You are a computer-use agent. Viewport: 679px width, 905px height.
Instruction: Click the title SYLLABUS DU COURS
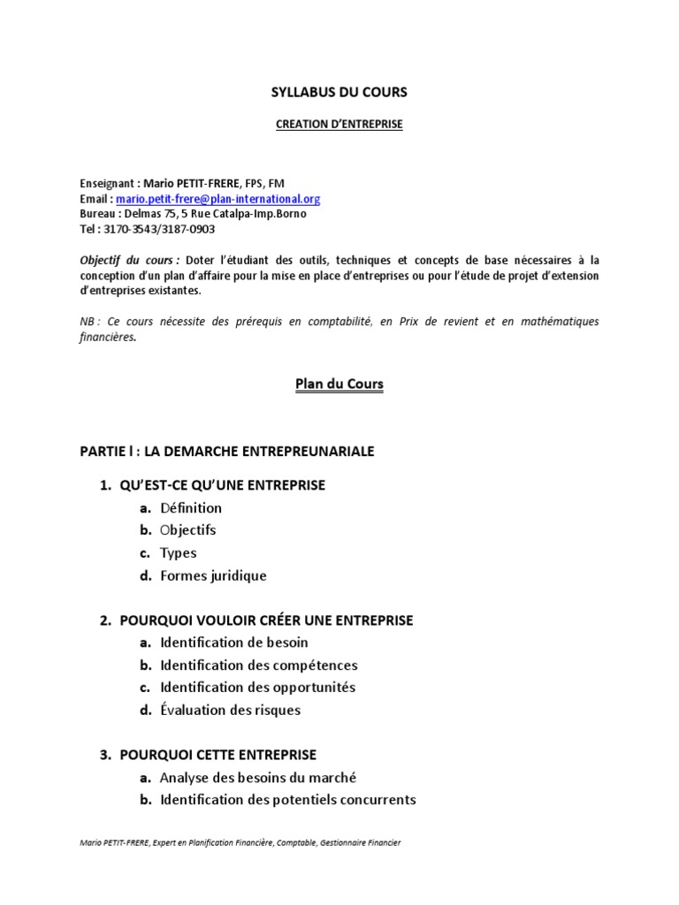339,92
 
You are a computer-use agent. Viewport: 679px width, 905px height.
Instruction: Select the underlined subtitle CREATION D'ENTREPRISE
339,125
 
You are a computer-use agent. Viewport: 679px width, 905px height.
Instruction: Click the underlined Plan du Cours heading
339,384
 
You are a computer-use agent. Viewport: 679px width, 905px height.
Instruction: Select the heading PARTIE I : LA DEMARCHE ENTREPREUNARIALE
227,452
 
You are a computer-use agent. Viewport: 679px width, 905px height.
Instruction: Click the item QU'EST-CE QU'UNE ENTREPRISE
223,485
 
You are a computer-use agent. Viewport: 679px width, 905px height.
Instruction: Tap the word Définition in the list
191,508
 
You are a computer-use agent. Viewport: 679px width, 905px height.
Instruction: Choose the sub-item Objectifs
187,530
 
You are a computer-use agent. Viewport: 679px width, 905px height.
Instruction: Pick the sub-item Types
178,553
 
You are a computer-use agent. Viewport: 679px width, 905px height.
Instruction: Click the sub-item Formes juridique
213,576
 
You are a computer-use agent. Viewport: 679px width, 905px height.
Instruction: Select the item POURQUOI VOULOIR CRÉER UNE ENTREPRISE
266,620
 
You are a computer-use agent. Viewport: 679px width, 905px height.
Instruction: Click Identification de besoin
234,643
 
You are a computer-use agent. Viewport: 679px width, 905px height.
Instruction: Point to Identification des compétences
258,665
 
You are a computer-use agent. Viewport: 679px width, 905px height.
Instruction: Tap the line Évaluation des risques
230,710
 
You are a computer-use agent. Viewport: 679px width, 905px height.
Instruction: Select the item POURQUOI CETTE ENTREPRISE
218,755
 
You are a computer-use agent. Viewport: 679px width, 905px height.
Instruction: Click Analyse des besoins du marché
258,778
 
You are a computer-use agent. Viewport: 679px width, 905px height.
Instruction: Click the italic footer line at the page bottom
240,843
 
